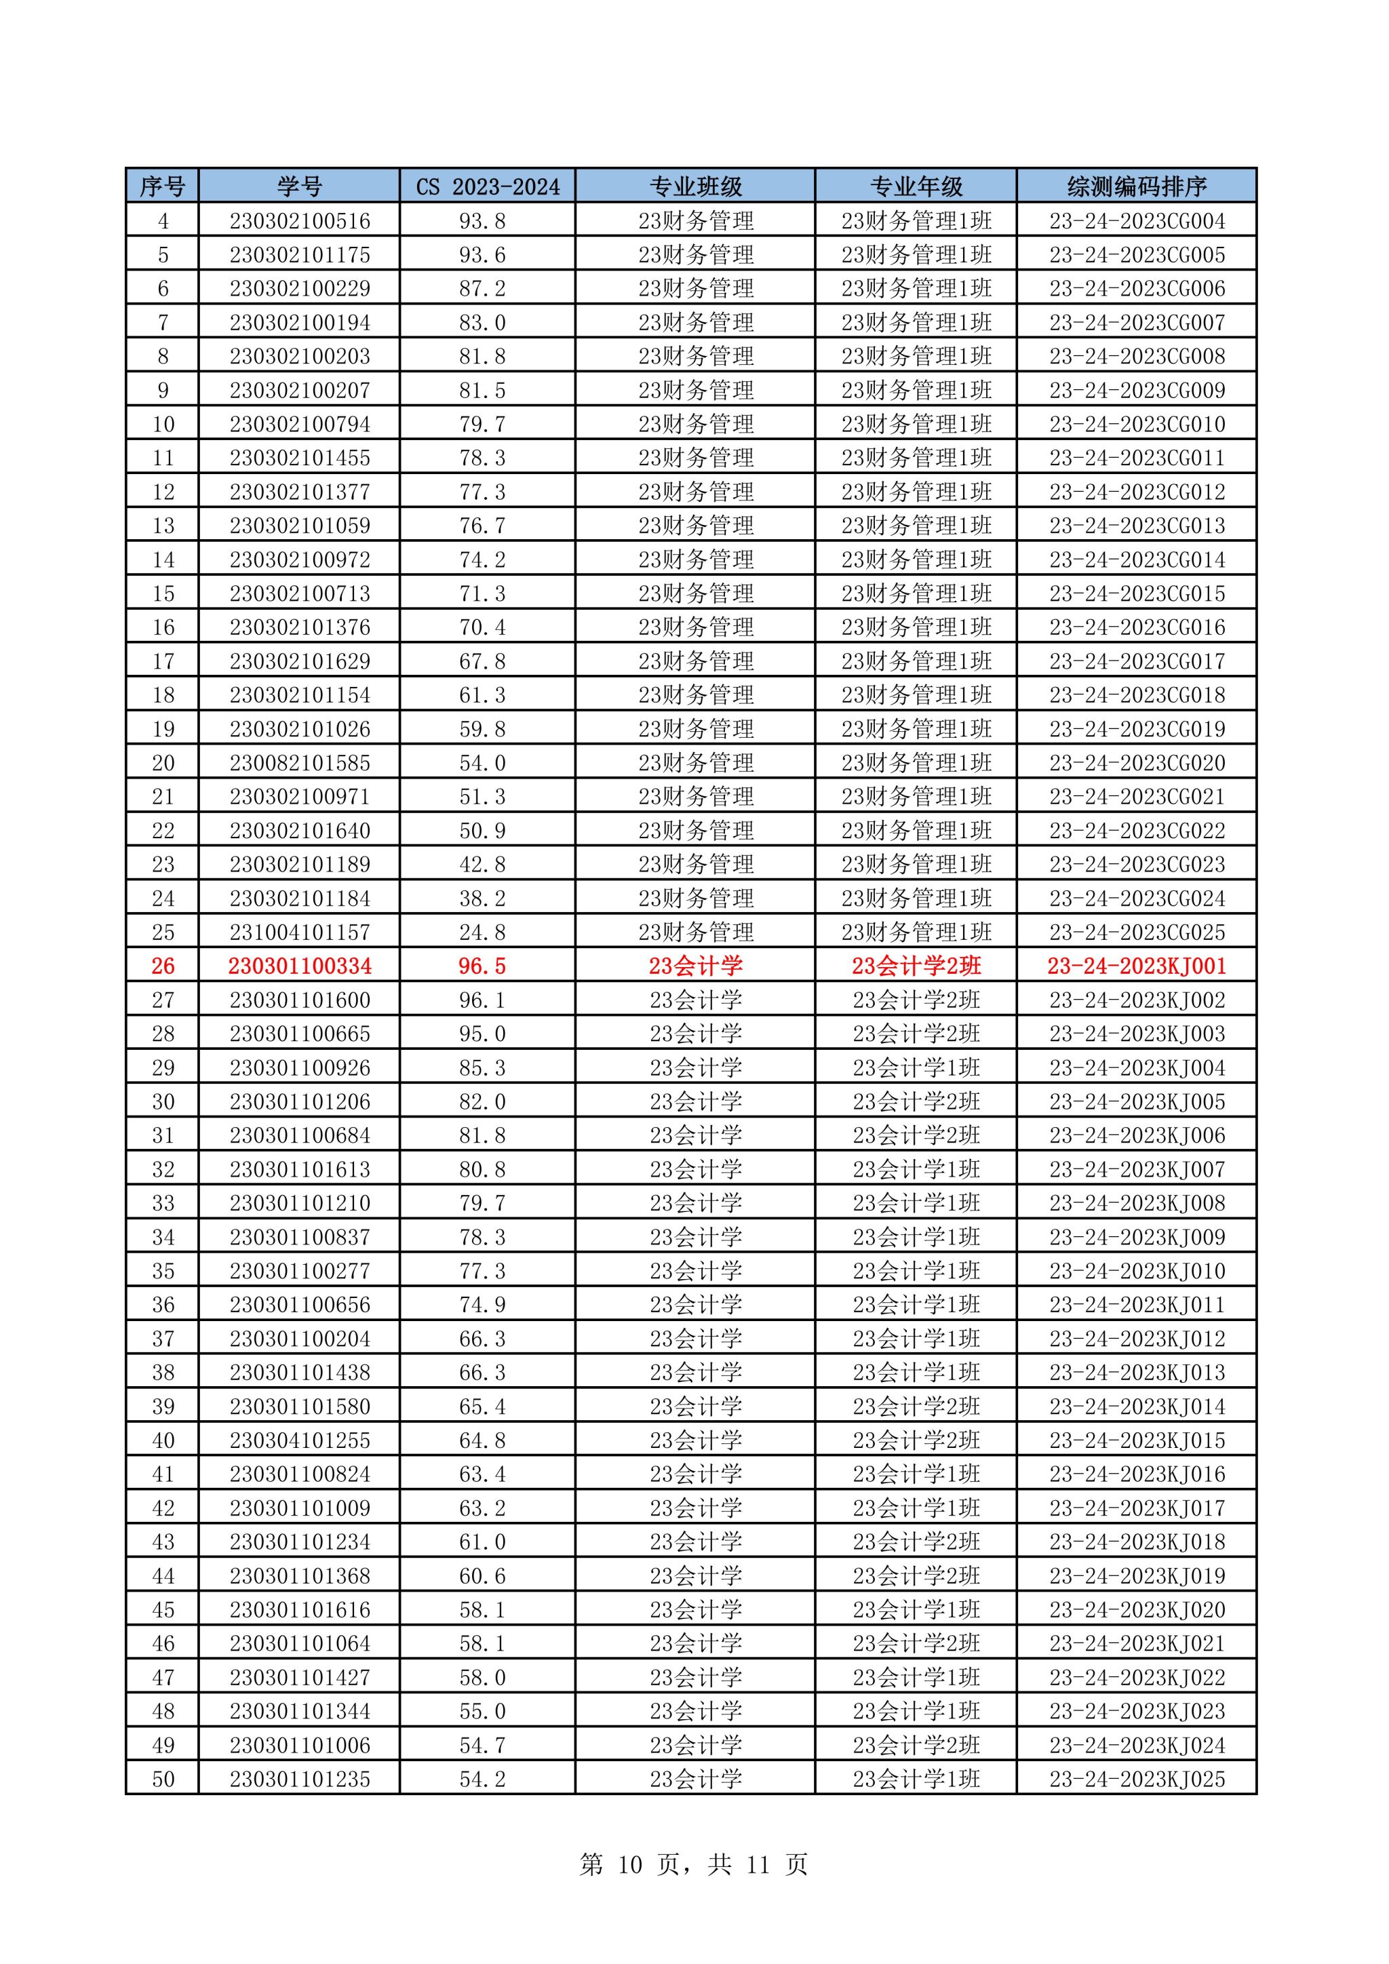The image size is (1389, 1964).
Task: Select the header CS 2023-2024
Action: pyautogui.click(x=488, y=186)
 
